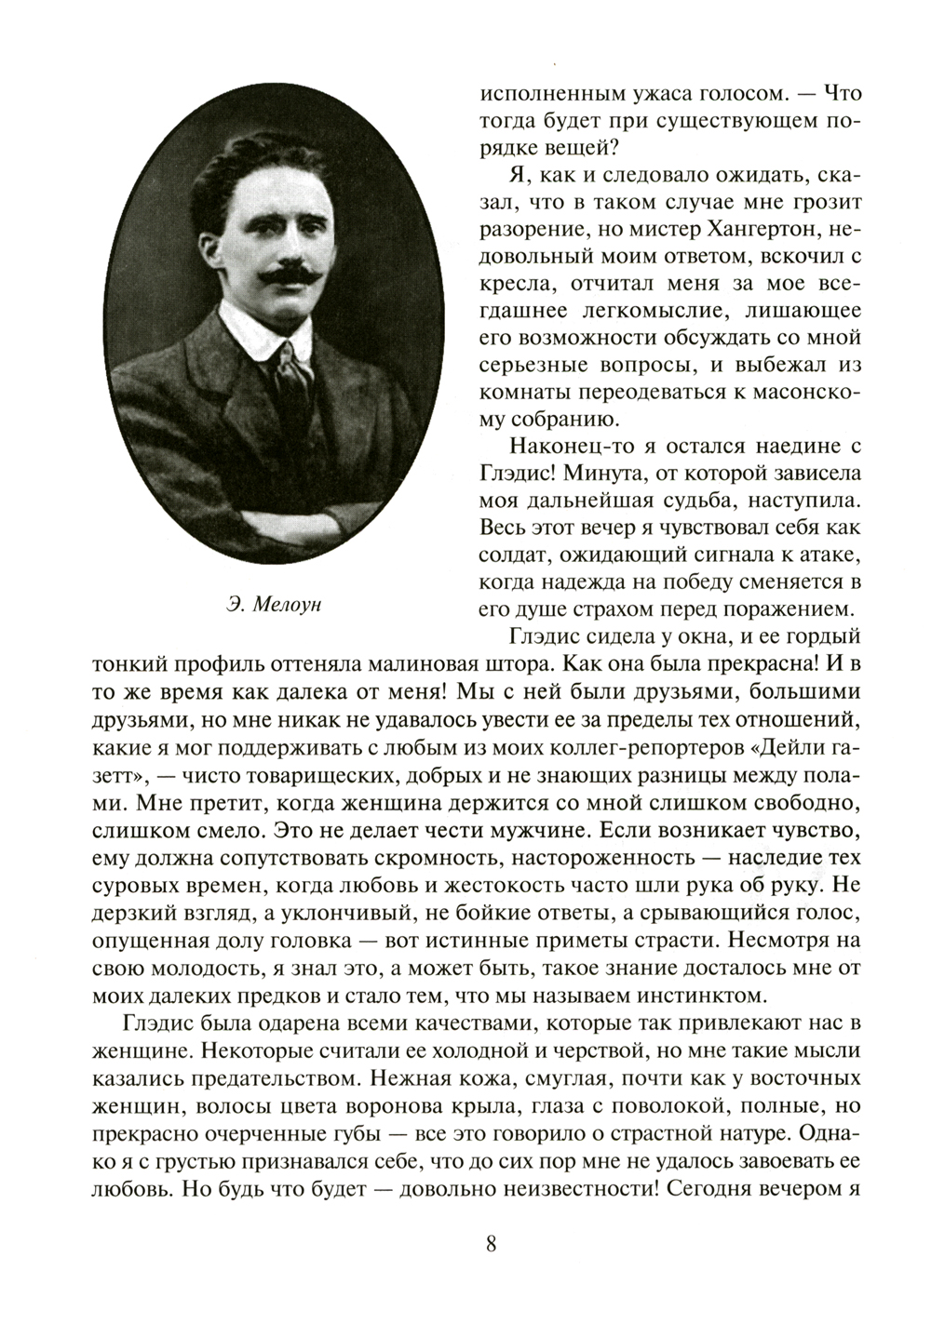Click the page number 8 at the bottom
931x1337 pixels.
pos(492,1245)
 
